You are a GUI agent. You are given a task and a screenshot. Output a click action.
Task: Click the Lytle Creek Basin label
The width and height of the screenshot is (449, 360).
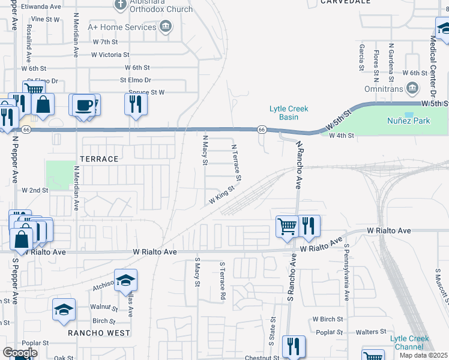[288, 113]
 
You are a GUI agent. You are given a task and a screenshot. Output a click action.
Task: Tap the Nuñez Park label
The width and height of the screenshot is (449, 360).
[408, 121]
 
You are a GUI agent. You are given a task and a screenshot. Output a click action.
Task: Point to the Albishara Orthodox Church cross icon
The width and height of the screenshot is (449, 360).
[120, 5]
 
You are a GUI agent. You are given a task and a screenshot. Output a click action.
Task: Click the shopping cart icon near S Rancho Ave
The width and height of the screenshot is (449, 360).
[287, 226]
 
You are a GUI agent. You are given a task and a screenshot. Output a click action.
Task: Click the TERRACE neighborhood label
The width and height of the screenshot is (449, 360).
[99, 159]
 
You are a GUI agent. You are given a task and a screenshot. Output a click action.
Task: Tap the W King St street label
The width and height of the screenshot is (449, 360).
[221, 195]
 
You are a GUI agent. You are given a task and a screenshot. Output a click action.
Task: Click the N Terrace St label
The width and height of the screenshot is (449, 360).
[236, 162]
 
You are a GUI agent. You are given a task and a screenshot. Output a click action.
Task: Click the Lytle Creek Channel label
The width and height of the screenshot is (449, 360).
[410, 343]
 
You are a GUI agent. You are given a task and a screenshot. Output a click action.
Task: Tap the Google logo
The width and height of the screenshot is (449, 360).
[20, 353]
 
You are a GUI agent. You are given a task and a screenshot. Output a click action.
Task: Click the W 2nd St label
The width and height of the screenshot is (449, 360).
[35, 190]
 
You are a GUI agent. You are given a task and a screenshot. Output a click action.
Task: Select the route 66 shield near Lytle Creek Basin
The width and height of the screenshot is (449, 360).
[262, 129]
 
